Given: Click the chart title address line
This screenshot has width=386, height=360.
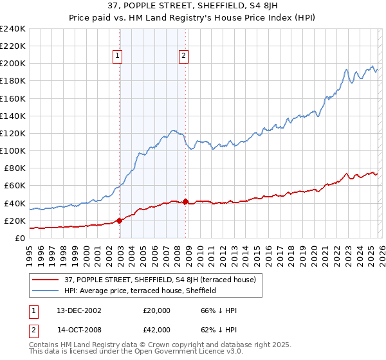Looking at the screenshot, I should point(193,6).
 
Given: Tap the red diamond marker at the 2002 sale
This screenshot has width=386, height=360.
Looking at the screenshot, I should point(119,221).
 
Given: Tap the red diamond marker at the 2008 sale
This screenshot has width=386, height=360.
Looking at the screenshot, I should point(185,202).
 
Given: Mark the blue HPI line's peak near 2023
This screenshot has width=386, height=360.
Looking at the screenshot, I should point(346,69).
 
